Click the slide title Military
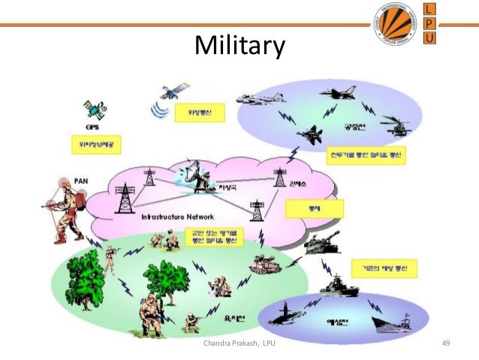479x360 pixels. click(x=239, y=47)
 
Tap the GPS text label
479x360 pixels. click(x=92, y=127)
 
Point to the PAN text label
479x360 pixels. click(x=83, y=180)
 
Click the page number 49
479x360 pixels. click(x=445, y=344)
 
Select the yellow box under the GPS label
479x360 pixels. click(x=97, y=143)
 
